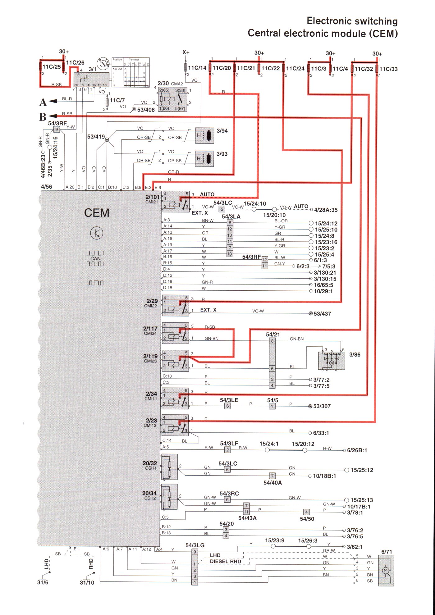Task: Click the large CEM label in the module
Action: [x=97, y=213]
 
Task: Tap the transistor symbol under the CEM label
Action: [x=97, y=233]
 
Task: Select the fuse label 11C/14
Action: [x=197, y=68]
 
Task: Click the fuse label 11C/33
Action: [x=388, y=69]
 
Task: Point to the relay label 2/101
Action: [x=152, y=197]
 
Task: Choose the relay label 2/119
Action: [x=150, y=356]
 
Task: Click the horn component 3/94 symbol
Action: [x=204, y=135]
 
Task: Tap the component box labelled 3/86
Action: [x=332, y=361]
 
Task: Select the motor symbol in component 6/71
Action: [x=385, y=571]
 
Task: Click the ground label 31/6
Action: [x=43, y=582]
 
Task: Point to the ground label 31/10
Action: [x=87, y=583]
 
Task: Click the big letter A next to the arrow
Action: [x=43, y=102]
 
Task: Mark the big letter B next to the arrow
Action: [x=43, y=117]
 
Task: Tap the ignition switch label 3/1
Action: [x=92, y=69]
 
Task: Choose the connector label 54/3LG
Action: [x=195, y=545]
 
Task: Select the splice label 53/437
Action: [x=322, y=314]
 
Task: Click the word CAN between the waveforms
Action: [x=95, y=258]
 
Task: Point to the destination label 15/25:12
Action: [x=362, y=470]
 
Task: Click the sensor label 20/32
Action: [x=149, y=463]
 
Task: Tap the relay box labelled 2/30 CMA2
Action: [x=172, y=99]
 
